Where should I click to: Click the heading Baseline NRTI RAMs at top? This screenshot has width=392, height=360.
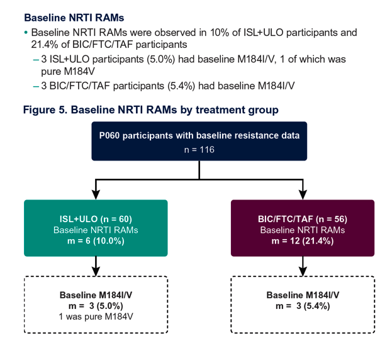74,18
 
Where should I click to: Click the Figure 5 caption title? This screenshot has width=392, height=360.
151,110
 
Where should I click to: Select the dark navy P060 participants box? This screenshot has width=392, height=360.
199,141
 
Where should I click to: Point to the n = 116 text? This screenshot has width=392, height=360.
199,150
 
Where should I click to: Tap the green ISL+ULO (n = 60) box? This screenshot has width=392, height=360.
96,228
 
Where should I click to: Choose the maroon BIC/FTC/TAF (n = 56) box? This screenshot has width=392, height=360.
303,228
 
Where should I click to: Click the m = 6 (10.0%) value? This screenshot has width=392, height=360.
96,241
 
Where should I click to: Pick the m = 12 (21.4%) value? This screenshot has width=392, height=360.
303,241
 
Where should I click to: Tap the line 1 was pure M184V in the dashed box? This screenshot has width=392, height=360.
96,317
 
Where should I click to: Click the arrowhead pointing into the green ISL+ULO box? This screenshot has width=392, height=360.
96,194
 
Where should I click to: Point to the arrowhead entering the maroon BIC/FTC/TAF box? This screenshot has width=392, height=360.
303,194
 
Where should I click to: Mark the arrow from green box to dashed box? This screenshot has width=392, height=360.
96,266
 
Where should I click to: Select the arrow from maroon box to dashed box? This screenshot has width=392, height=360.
303,266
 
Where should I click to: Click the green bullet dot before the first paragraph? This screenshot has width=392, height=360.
26,33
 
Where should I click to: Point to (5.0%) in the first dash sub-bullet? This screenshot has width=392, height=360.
160,60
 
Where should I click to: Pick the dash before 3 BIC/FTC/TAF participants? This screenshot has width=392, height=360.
36,86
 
